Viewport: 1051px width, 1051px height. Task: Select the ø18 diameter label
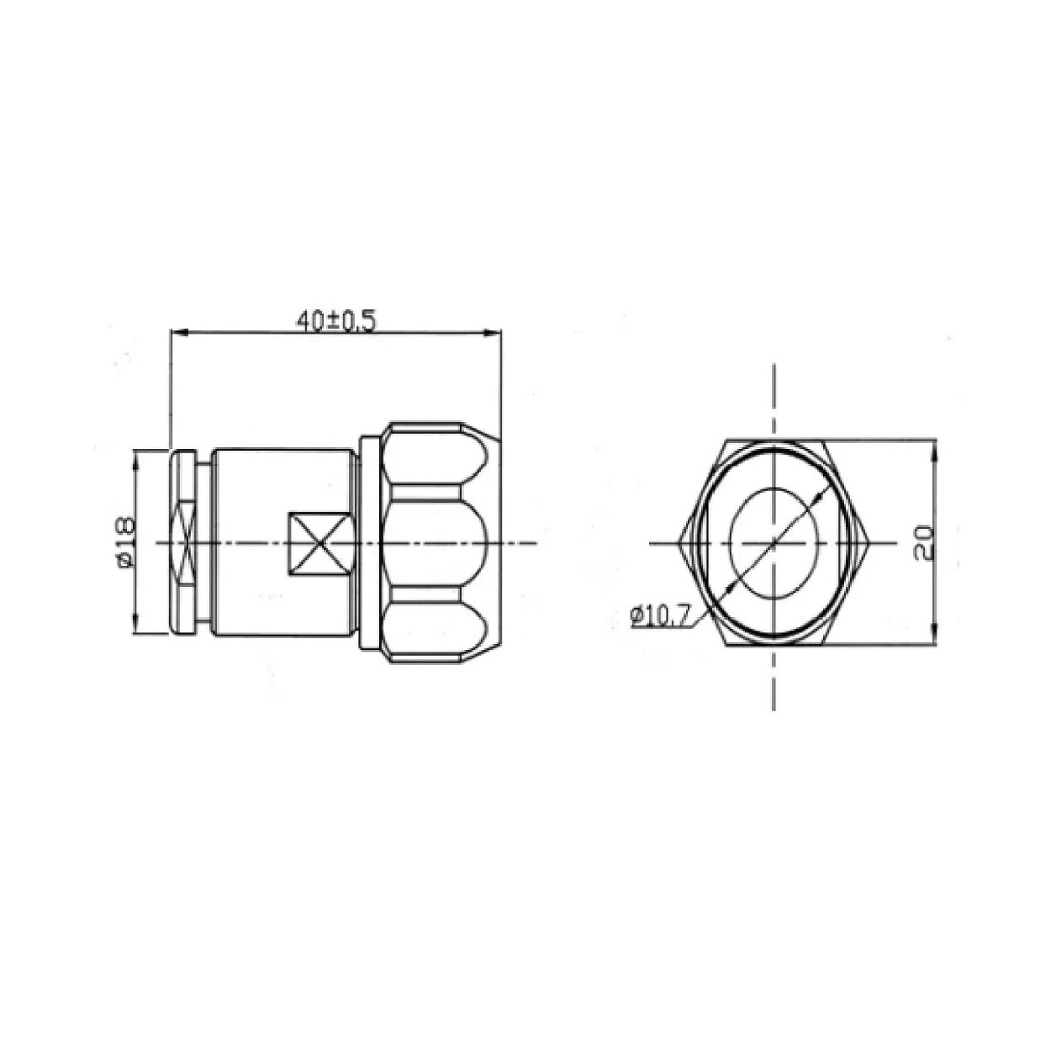123,544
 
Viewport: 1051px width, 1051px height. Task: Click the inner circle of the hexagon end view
772,542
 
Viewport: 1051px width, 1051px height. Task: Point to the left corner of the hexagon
681,542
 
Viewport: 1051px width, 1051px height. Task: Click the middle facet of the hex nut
434,542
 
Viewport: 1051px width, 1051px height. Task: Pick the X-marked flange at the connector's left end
184,544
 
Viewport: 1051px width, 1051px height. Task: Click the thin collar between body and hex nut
368,542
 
